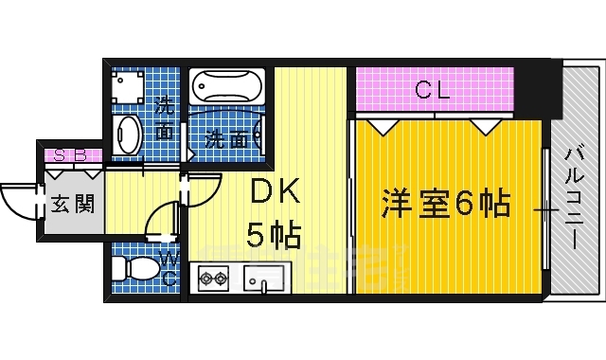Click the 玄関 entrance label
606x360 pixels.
72,203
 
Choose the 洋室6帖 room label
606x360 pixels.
446,204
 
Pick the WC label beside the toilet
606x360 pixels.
169,269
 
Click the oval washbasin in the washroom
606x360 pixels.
128,135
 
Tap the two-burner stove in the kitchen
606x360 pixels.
212,279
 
